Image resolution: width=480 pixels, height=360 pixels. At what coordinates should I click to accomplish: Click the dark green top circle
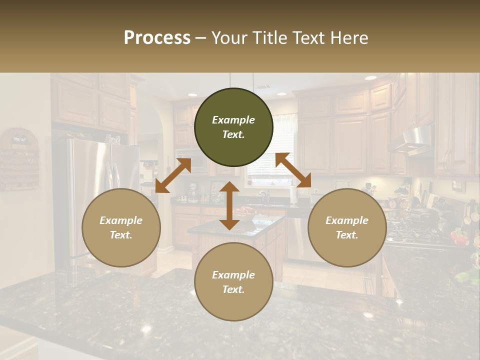233,127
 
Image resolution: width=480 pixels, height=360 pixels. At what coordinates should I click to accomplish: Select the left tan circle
121,227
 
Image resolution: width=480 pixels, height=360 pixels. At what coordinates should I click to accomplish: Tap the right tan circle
347,227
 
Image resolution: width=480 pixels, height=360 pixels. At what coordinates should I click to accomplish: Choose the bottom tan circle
233,282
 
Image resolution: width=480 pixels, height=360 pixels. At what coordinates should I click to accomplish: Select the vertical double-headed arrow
229,205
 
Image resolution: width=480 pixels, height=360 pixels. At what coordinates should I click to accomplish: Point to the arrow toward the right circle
293,170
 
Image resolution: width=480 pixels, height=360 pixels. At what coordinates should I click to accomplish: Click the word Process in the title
157,37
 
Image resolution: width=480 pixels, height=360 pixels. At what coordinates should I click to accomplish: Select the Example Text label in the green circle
233,127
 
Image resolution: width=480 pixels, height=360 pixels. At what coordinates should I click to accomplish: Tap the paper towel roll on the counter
294,195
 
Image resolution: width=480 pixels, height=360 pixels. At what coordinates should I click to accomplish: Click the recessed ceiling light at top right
370,78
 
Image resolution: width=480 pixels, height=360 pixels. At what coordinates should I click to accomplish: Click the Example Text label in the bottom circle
233,282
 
